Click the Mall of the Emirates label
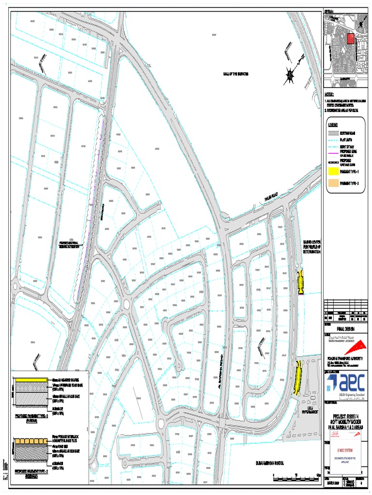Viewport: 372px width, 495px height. click(236, 74)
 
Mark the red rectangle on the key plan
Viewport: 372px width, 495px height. click(351, 39)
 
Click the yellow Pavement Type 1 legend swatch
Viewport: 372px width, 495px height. click(333, 171)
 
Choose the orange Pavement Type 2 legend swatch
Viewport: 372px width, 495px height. click(333, 183)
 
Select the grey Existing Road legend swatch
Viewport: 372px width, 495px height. click(333, 132)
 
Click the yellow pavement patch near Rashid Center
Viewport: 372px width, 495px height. click(300, 282)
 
